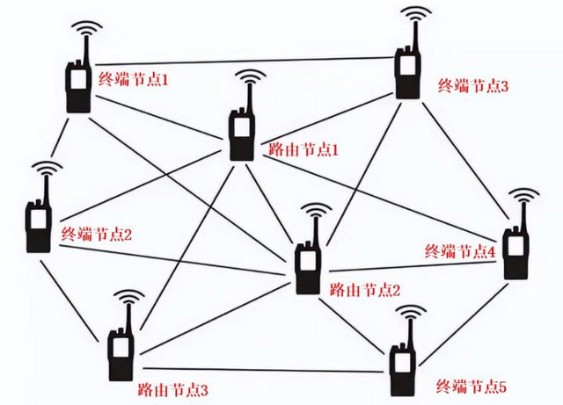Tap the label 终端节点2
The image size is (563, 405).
(97, 235)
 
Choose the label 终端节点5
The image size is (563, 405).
(472, 385)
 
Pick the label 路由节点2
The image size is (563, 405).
(364, 288)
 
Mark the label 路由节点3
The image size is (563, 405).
(172, 387)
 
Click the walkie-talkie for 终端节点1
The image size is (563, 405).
(77, 83)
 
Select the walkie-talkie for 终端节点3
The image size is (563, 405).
(407, 70)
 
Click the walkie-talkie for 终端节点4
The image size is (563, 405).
(517, 250)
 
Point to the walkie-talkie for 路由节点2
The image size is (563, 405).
(308, 264)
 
